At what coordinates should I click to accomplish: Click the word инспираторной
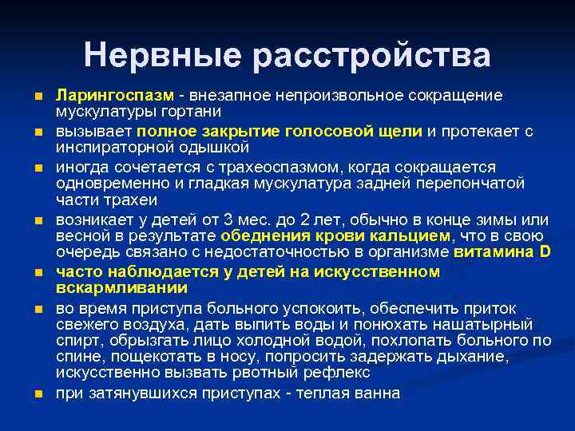coord(107,147)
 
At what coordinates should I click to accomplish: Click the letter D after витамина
coord(545,252)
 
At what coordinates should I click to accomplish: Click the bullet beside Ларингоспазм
coord(37,96)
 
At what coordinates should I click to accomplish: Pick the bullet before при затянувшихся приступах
coord(37,394)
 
